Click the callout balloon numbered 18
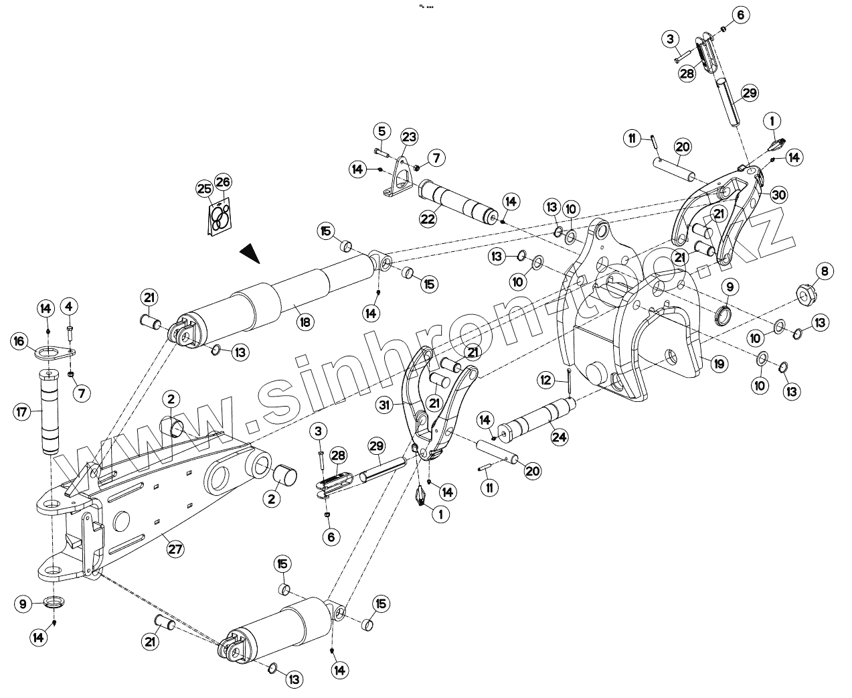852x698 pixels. click(x=305, y=322)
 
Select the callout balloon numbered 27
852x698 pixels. click(x=175, y=549)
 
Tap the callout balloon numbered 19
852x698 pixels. click(x=718, y=364)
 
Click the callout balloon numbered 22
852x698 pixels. click(x=428, y=218)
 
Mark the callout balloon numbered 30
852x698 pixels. click(x=778, y=195)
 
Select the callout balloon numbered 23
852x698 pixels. click(x=409, y=137)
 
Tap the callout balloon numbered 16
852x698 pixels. click(x=20, y=341)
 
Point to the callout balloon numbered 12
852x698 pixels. click(x=546, y=380)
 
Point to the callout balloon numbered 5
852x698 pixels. click(x=381, y=130)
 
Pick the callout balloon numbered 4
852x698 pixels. click(x=68, y=307)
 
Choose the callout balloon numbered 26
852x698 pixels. click(x=223, y=182)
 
